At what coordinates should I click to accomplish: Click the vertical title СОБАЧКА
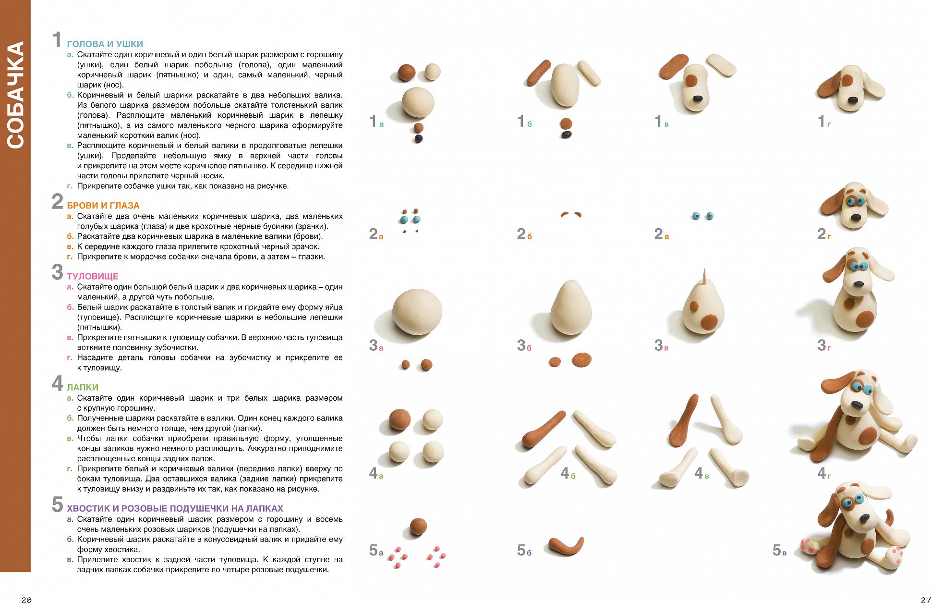[x=15, y=95]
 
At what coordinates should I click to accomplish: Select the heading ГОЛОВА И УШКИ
[x=105, y=44]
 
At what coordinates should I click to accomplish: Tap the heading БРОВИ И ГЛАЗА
[x=103, y=206]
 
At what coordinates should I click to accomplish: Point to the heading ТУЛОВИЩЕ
[x=92, y=276]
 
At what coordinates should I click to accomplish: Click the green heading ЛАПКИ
[x=83, y=387]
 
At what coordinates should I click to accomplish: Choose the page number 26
[x=26, y=599]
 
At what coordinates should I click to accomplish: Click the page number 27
[x=925, y=599]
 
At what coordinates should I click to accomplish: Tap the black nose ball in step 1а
[x=418, y=139]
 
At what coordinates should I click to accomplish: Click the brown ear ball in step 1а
[x=406, y=73]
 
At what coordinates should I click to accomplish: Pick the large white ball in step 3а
[x=417, y=311]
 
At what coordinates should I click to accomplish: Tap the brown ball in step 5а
[x=418, y=526]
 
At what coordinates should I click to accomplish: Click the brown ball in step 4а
[x=399, y=419]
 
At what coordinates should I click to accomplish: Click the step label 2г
[x=824, y=234]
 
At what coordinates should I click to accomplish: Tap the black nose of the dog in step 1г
[x=853, y=100]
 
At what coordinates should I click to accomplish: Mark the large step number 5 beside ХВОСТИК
[x=57, y=505]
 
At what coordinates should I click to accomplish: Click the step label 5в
[x=779, y=551]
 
